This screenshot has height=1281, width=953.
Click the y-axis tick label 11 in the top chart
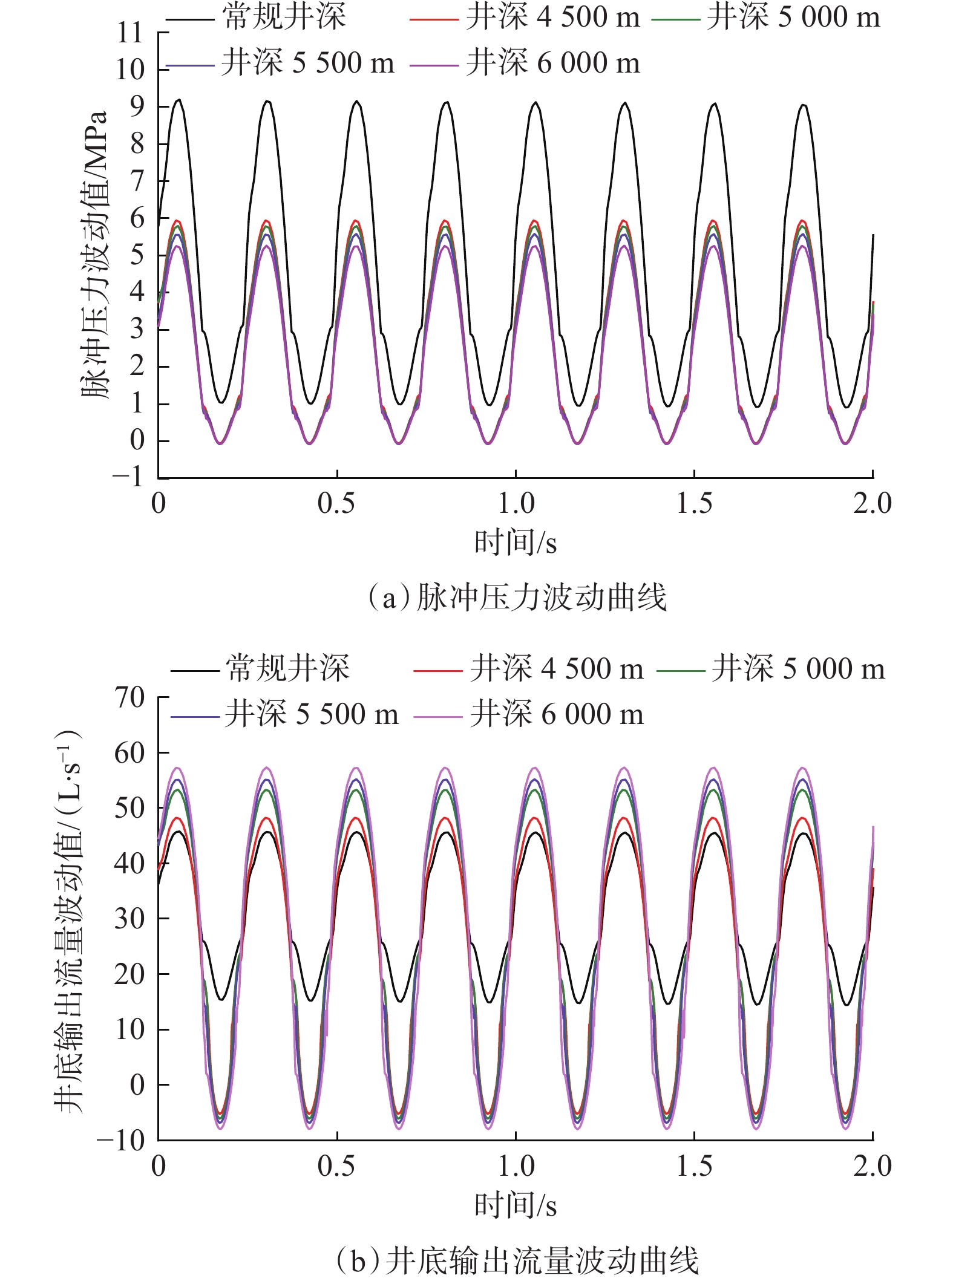pyautogui.click(x=130, y=33)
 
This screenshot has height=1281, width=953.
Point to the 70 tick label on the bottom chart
pyautogui.click(x=129, y=697)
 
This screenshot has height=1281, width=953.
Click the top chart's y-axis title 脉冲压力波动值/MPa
pyautogui.click(x=95, y=254)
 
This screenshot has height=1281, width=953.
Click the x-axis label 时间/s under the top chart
pyautogui.click(x=515, y=542)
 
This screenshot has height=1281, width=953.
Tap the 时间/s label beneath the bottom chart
pyautogui.click(x=515, y=1205)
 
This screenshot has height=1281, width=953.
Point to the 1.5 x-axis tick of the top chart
pyautogui.click(x=694, y=504)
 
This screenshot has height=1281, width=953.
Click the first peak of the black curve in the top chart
pyautogui.click(x=178, y=100)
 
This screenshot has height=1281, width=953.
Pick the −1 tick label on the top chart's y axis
pyautogui.click(x=128, y=477)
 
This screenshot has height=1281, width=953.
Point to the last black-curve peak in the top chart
pyautogui.click(x=803, y=105)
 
